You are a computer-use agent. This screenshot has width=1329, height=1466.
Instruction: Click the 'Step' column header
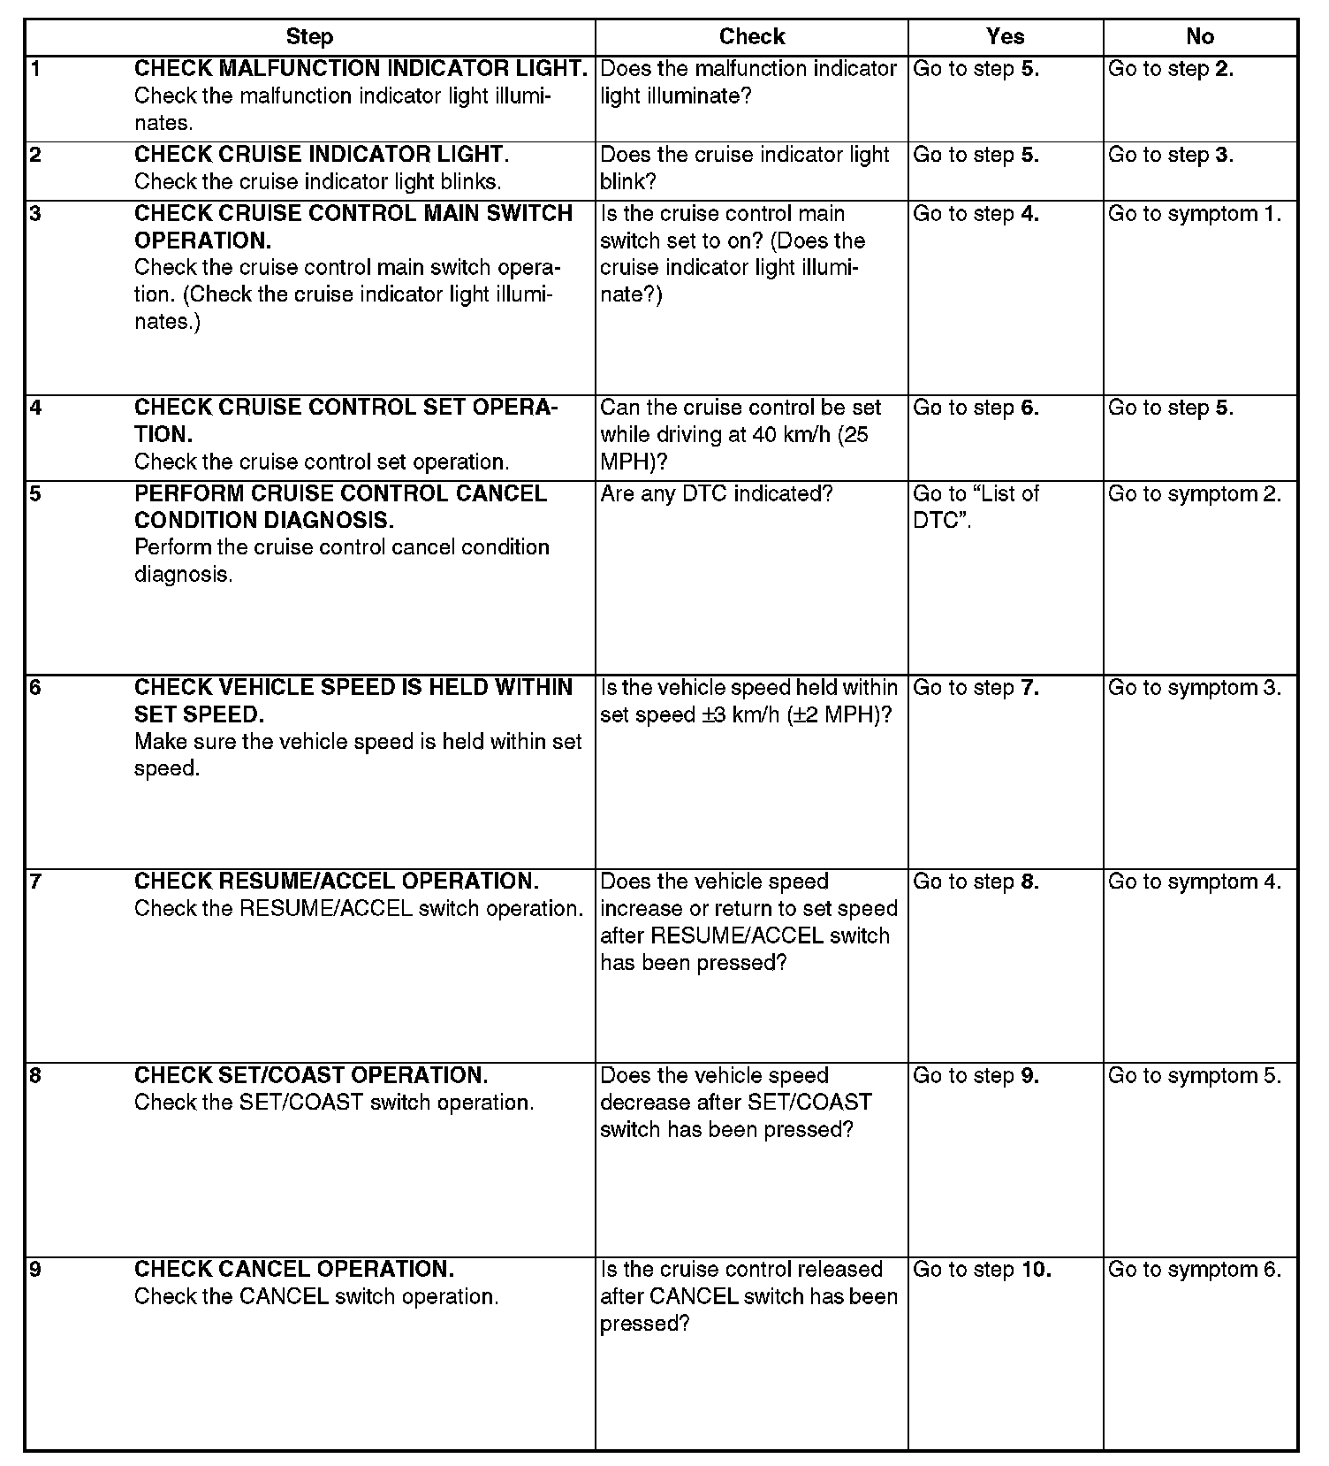309,36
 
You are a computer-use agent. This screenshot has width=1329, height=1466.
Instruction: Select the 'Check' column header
751,36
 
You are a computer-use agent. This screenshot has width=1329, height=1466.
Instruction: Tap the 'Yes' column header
1005,36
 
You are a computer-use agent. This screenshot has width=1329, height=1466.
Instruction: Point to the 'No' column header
1199,36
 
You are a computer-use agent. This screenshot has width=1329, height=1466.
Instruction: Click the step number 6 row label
35,688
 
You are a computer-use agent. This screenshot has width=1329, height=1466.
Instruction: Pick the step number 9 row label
35,1270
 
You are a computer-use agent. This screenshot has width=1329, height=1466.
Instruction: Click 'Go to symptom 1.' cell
1194,214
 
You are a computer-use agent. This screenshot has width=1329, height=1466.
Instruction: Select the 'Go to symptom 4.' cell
1194,882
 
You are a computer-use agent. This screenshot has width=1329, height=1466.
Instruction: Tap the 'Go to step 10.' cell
982,1270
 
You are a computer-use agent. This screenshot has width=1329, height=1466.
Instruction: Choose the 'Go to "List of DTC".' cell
976,507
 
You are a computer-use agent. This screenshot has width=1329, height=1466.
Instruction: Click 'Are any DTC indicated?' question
717,493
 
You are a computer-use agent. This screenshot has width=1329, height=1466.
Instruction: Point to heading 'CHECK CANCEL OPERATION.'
294,1270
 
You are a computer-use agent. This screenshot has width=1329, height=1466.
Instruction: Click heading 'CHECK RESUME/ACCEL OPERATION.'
337,882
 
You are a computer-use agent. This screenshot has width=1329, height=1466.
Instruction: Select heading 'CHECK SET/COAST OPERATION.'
311,1075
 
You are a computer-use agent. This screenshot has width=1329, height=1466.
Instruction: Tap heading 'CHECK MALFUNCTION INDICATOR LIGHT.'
361,69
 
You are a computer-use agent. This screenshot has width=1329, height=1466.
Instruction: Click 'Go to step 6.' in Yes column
976,408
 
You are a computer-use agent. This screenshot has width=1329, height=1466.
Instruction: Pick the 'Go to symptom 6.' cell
1194,1270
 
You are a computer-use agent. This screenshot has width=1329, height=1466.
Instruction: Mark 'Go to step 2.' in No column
1171,69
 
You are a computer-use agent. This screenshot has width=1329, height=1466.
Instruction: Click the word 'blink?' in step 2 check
628,182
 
